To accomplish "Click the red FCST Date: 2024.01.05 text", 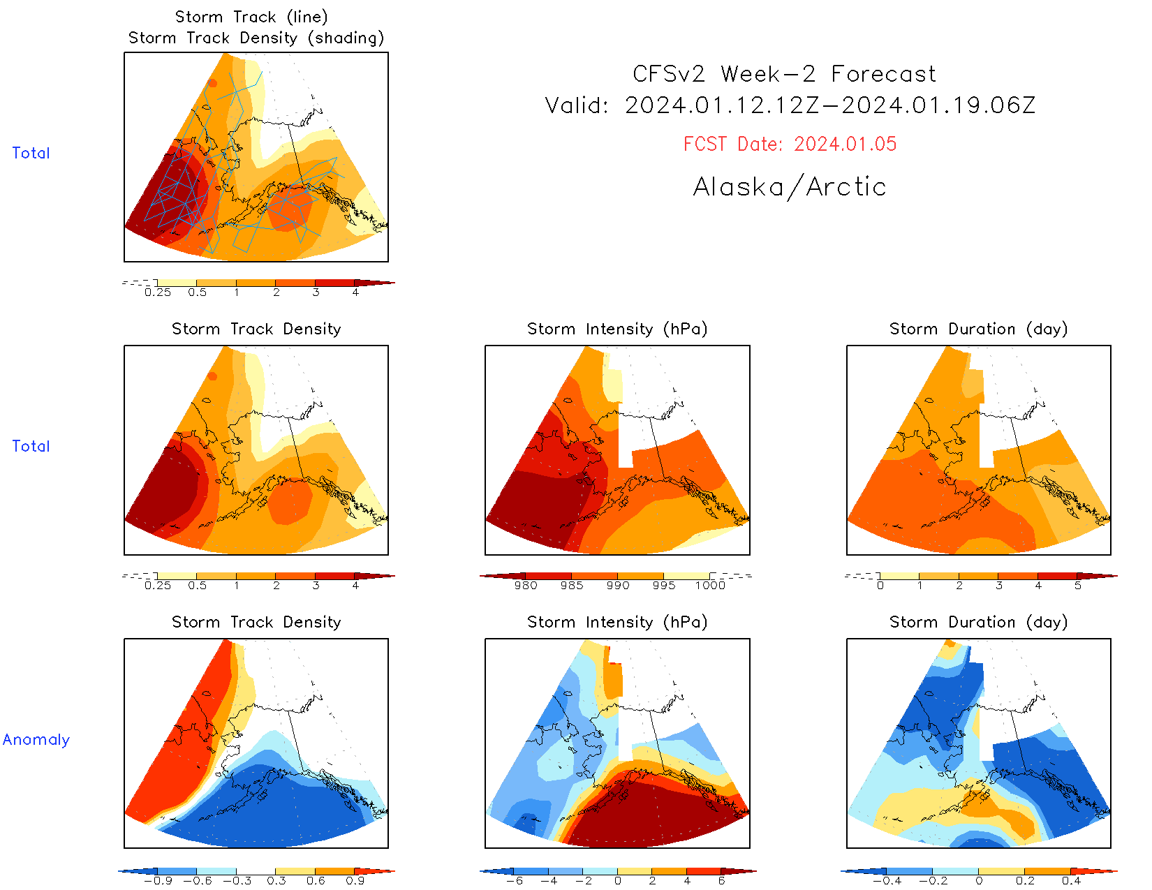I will pos(790,144).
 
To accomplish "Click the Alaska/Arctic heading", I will pos(790,187).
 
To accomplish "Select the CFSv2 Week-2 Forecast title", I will pos(784,74).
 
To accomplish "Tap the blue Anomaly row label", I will pos(36,739).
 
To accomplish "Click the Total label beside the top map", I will pos(31,153).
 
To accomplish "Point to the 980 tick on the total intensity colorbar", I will pos(526,585).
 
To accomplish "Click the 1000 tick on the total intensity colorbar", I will pos(710,585).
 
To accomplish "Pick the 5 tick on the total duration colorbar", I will pos(1078,585).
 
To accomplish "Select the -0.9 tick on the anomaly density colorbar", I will pos(158,880).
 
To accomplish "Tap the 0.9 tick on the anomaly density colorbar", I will pos(355,880).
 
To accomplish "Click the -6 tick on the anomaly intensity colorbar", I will pos(515,880).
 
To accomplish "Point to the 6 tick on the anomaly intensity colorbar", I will pos(722,880).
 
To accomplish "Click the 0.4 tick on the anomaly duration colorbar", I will pos(1072,880).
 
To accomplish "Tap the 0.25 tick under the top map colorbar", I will pos(158,292).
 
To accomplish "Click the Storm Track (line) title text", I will pos(251,17).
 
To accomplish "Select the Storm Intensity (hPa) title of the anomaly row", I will pos(617,622).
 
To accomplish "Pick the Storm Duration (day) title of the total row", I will pos(978,329).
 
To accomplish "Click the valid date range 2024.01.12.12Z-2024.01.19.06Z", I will pos(830,105).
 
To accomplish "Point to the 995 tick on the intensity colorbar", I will pos(664,585).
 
